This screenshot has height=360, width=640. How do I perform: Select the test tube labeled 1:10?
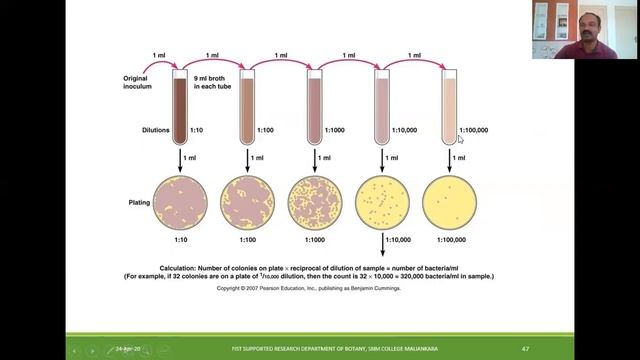click(181, 105)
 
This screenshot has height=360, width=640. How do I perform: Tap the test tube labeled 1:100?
click(248, 105)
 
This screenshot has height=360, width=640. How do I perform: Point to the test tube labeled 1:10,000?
click(382, 105)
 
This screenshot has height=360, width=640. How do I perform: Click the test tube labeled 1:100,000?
click(449, 105)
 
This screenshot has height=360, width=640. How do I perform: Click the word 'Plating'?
click(138, 199)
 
